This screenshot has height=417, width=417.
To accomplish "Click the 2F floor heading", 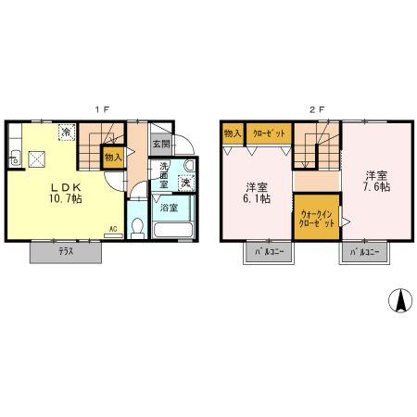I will pyautogui.click(x=316, y=108).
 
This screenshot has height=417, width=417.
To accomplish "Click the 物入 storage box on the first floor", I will pyautogui.click(x=113, y=158).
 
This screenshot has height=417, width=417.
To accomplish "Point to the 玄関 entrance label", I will pyautogui.click(x=160, y=145).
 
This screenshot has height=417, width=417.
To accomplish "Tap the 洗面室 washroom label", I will pyautogui.click(x=163, y=177).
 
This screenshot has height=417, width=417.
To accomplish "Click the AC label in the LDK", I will pyautogui.click(x=113, y=229).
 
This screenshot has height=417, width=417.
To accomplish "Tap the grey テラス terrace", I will pyautogui.click(x=66, y=251).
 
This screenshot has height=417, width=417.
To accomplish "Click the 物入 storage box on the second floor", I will pyautogui.click(x=232, y=133).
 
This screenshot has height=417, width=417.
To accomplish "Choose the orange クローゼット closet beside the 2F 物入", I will pyautogui.click(x=267, y=133).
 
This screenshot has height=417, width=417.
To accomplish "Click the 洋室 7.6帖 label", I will pyautogui.click(x=376, y=181).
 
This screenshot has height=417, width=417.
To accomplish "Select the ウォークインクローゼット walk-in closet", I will pyautogui.click(x=315, y=220).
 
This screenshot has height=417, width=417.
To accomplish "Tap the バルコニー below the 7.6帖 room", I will pyautogui.click(x=363, y=252).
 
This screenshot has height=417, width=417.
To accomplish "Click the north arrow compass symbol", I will pyautogui.click(x=400, y=299).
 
